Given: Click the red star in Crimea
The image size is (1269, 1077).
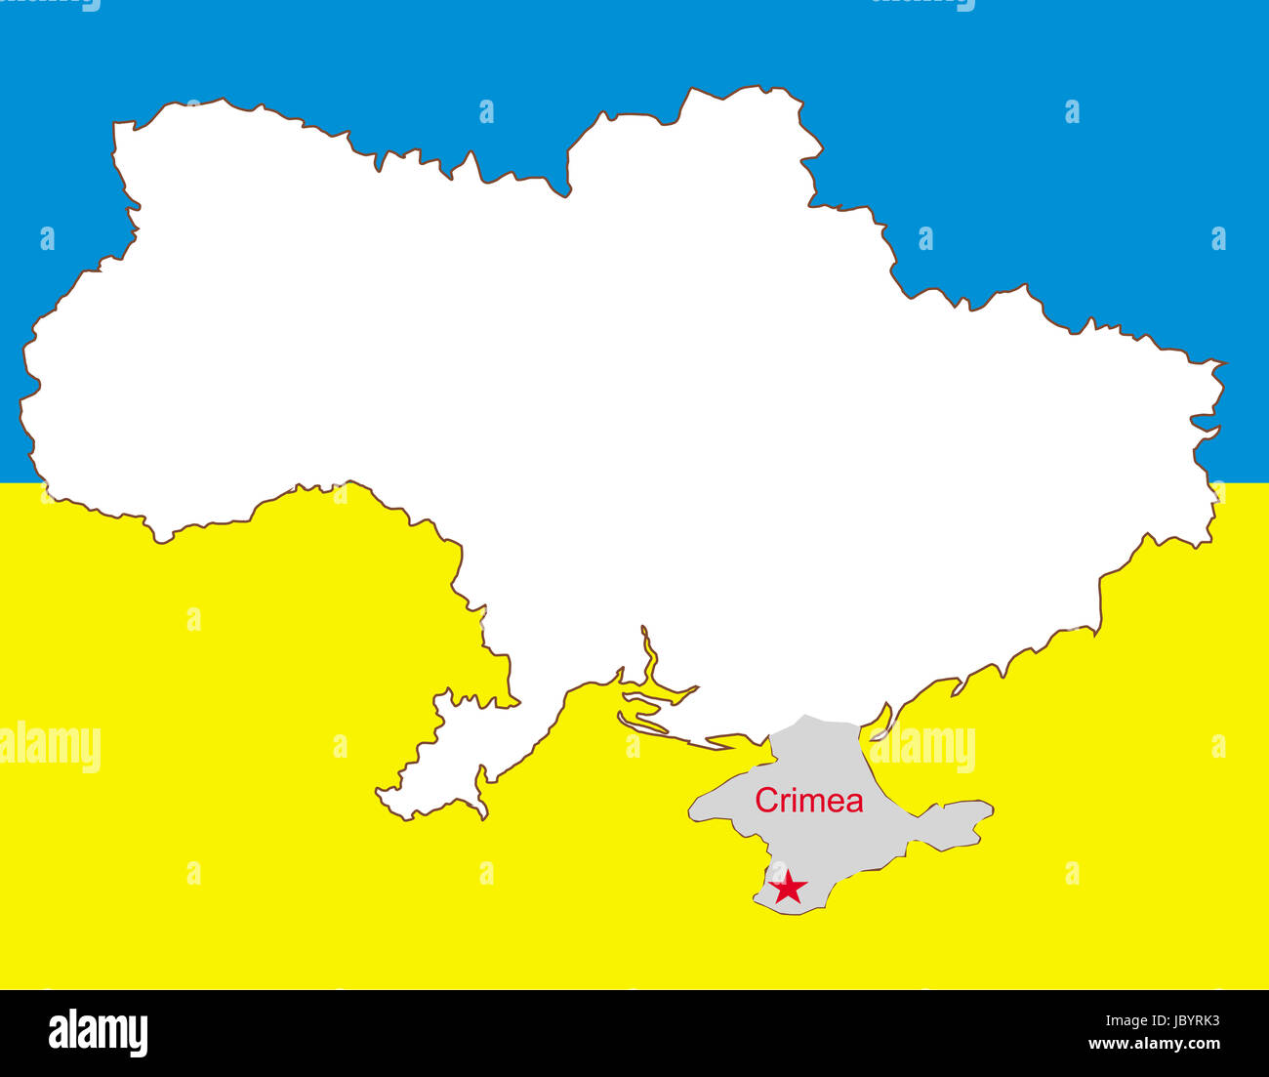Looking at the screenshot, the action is (x=788, y=889).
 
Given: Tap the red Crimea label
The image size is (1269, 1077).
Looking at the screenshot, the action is (x=808, y=801).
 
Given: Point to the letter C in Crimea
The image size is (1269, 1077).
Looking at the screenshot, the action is (x=766, y=801).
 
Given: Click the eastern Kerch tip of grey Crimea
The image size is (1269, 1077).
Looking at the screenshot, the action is (x=988, y=809).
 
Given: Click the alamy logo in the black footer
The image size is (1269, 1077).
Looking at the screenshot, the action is (x=98, y=1033).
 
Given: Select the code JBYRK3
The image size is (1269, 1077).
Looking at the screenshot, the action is (x=1185, y=1021).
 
